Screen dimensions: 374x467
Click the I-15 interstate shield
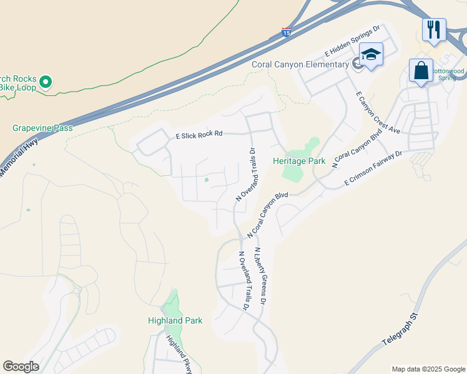pos(286,32)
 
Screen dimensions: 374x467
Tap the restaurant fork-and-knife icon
pos(433,29)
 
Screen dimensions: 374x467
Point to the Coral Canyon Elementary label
pos(300,64)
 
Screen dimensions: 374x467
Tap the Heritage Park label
pos(299,161)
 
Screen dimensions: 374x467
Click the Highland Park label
pos(175,320)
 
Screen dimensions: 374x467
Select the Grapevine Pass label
pos(42,128)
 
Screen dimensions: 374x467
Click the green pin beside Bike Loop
pos(45,82)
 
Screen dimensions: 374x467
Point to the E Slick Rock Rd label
pos(199,134)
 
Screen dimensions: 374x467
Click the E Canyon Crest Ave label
pos(377,113)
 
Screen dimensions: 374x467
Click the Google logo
pos(21,367)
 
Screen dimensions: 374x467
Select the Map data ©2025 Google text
pos(428,369)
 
